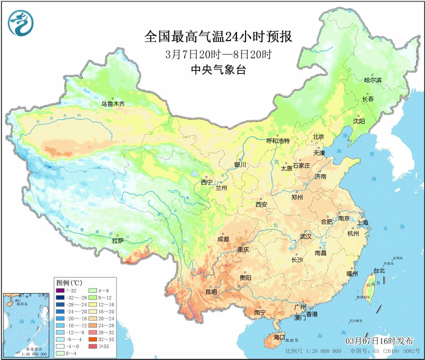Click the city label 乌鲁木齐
pyautogui.click(x=112, y=104)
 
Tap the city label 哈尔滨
pyautogui.click(x=372, y=80)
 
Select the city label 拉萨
pyautogui.click(x=117, y=240)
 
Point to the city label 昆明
pyautogui.click(x=211, y=291)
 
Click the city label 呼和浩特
pyautogui.click(x=278, y=141)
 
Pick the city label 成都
pyautogui.click(x=223, y=239)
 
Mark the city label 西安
pyautogui.click(x=261, y=204)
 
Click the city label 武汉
pyautogui.click(x=305, y=235)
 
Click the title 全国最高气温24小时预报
pyautogui.click(x=218, y=37)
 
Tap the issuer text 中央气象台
pyautogui.click(x=218, y=70)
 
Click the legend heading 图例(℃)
pyautogui.click(x=69, y=282)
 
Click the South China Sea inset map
pyautogui.click(x=25, y=324)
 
